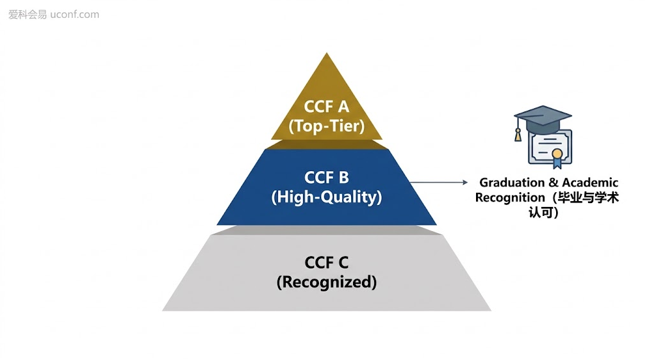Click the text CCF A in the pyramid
click(x=327, y=107)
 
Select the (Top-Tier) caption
click(x=327, y=126)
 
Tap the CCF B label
click(x=327, y=177)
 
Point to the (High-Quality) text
click(x=327, y=197)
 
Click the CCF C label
click(x=327, y=263)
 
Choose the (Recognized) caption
click(x=327, y=282)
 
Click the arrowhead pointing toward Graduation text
click(x=465, y=182)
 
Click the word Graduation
click(x=512, y=183)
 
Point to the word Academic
click(x=590, y=183)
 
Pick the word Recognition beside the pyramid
click(x=510, y=198)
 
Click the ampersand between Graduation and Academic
click(x=554, y=183)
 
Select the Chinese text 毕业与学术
click(x=588, y=198)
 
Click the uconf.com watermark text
click(x=75, y=15)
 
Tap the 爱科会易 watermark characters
click(x=28, y=15)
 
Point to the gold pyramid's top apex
click(x=327, y=53)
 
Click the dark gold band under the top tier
click(x=327, y=144)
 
